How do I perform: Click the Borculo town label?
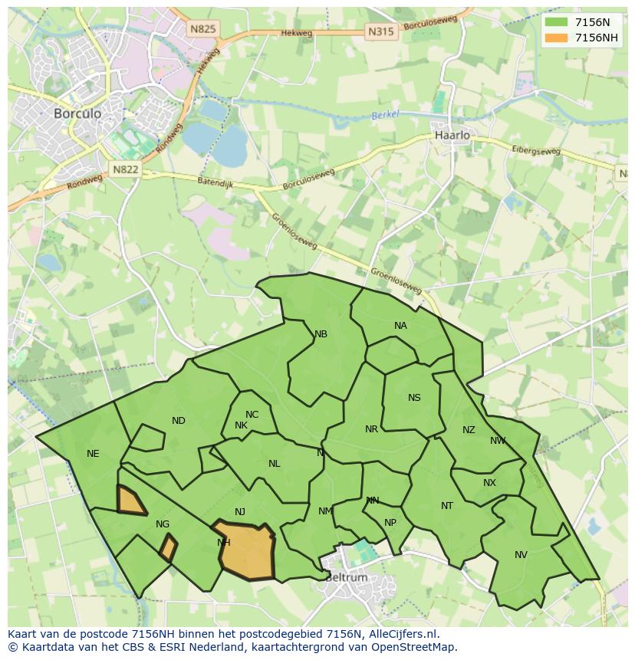pos(77,113)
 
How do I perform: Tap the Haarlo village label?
pos(452,135)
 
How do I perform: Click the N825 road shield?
pos(203,29)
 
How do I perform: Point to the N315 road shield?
pos(381,31)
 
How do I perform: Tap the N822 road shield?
pos(125,169)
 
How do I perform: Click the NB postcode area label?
pos(321,334)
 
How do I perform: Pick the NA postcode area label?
pos(400,326)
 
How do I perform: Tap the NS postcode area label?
pos(414,398)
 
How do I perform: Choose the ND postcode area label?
pos(179,421)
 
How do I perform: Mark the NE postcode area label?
pos(93,454)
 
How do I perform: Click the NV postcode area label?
pos(521,555)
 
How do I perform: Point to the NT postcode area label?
pos(447,506)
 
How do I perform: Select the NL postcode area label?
pos(274,464)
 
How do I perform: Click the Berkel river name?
pos(386,116)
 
